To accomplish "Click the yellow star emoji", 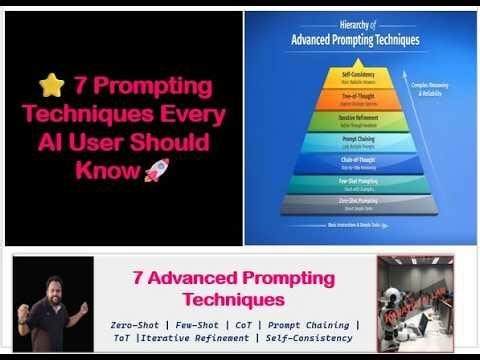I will pos(48,87).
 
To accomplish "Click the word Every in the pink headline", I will pos(193,114).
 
